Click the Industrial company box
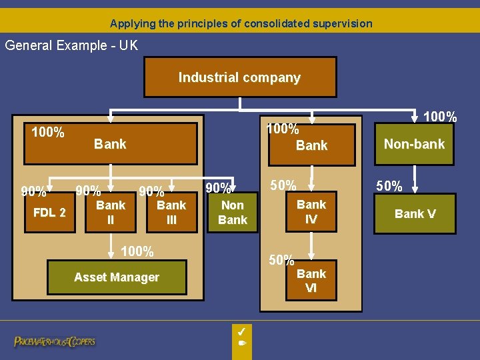pyautogui.click(x=239, y=77)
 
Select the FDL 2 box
pyautogui.click(x=50, y=213)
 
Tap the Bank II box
pyautogui.click(x=111, y=212)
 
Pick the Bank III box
pyautogui.click(x=171, y=212)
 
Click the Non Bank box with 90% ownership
pyautogui.click(x=233, y=213)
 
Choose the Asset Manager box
pyautogui.click(x=117, y=277)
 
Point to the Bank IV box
pyautogui.click(x=311, y=212)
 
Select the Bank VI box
pyautogui.click(x=311, y=281)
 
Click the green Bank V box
pyautogui.click(x=415, y=214)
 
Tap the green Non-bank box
pyautogui.click(x=414, y=143)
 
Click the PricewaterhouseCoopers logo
pyautogui.click(x=55, y=341)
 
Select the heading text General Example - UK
pyautogui.click(x=71, y=45)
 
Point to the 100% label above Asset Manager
pyautogui.click(x=137, y=251)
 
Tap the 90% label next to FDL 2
pyautogui.click(x=33, y=192)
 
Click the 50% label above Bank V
pyautogui.click(x=389, y=186)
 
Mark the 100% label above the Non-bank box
pyautogui.click(x=440, y=117)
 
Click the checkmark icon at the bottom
pyautogui.click(x=242, y=331)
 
